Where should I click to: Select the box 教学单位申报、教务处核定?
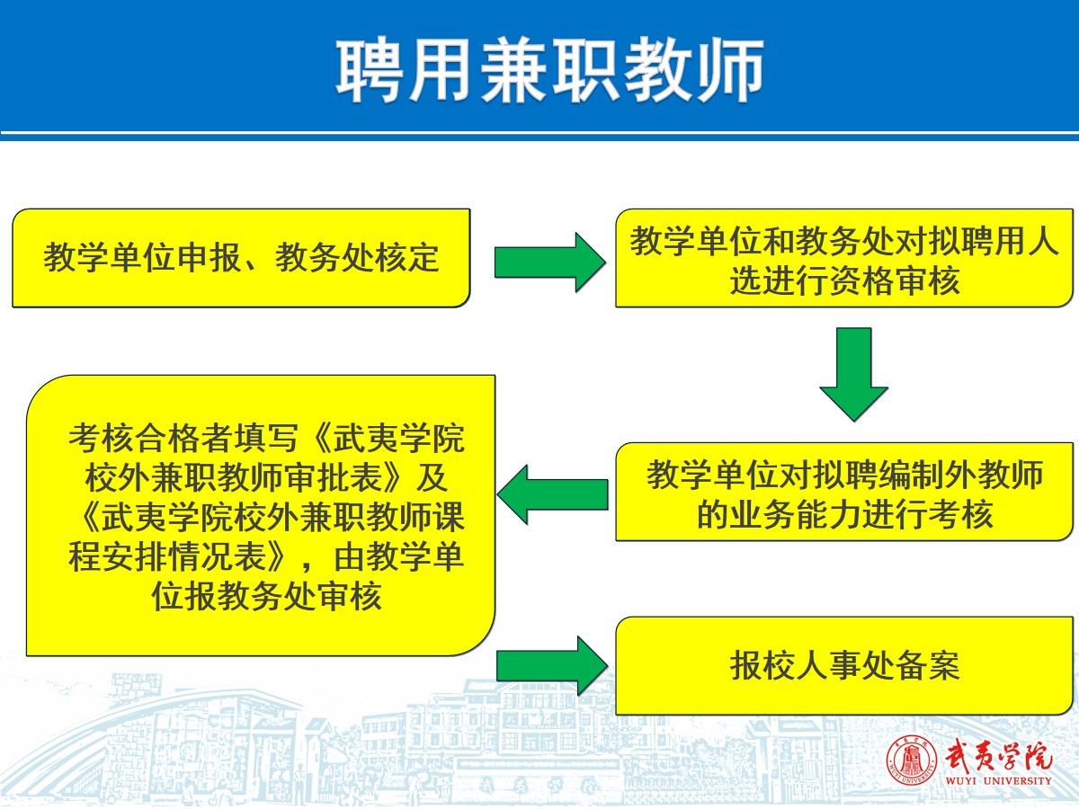tap(241, 258)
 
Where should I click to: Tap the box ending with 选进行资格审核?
tap(844, 258)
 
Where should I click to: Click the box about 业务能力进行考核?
tap(844, 492)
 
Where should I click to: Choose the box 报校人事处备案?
tap(844, 665)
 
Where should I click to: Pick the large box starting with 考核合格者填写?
tap(261, 515)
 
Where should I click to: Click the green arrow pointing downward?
tap(854, 374)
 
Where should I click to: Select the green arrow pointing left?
tap(552, 494)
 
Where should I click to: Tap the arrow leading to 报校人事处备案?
tap(552, 666)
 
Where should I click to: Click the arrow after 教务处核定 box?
tap(550, 262)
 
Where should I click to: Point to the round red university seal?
tap(912, 760)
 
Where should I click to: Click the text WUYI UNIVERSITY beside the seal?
tap(998, 780)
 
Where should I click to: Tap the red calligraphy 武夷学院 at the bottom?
tap(998, 755)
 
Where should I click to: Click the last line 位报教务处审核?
tap(267, 597)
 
